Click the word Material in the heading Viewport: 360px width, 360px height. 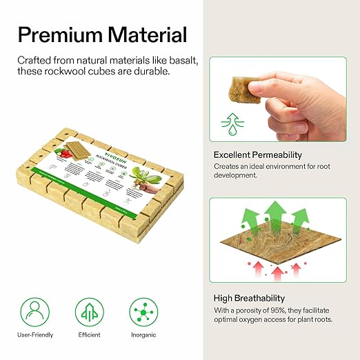[x=146, y=34]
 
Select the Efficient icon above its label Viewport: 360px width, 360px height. [x=89, y=311]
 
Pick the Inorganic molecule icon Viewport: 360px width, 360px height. [x=143, y=311]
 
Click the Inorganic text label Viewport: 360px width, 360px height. [x=143, y=335]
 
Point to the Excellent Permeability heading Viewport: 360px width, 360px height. [x=258, y=155]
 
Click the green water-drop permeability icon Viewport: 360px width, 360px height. [x=232, y=122]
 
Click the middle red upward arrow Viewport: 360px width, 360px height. [x=277, y=272]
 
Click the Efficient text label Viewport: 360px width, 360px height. [x=89, y=335]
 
